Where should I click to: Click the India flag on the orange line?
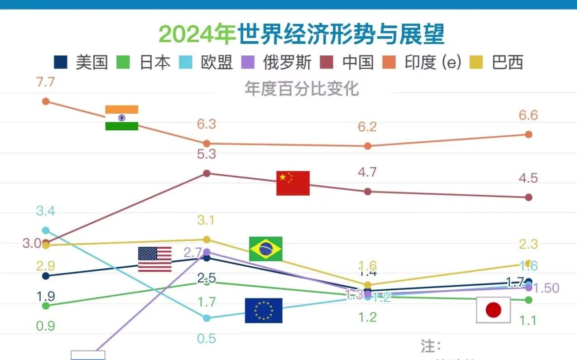point(121,118)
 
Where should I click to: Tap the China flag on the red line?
point(293,183)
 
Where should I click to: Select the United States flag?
point(155,259)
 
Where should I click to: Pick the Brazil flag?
point(266,249)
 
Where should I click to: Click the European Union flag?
point(264,310)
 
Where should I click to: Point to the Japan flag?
point(493,310)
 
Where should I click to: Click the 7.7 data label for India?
point(45,82)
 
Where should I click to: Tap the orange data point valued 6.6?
point(529,134)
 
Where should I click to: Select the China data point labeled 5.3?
point(207,173)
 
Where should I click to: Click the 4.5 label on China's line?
point(529,178)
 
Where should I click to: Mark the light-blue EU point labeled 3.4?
point(45,230)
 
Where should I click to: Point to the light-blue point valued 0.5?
point(207,318)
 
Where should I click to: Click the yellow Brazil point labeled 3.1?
point(207,239)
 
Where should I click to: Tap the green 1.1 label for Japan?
point(528,321)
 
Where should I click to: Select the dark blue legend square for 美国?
point(61,62)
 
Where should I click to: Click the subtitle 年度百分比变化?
point(302,89)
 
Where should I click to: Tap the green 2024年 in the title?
point(197,34)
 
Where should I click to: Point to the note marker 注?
point(431,347)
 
